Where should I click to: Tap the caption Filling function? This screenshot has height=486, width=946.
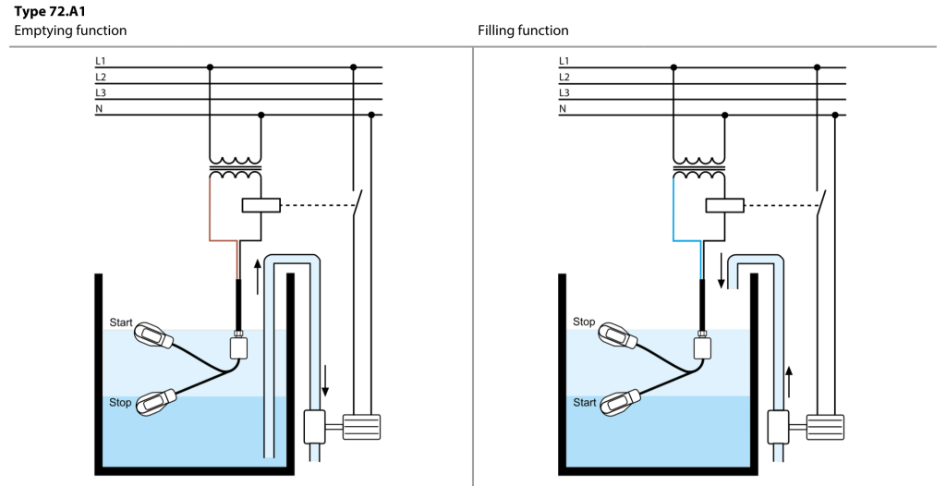pyautogui.click(x=523, y=30)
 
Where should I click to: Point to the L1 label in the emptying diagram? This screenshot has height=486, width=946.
pyautogui.click(x=100, y=61)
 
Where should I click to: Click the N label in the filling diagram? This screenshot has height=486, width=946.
pyautogui.click(x=563, y=109)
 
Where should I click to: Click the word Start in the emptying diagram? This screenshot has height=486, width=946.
pyautogui.click(x=121, y=323)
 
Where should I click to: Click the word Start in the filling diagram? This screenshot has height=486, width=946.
pyautogui.click(x=584, y=403)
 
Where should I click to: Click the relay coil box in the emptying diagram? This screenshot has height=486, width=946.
pyautogui.click(x=261, y=205)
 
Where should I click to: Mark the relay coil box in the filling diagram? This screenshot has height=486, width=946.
pyautogui.click(x=724, y=205)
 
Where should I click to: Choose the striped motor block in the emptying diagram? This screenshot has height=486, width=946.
pyautogui.click(x=361, y=429)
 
